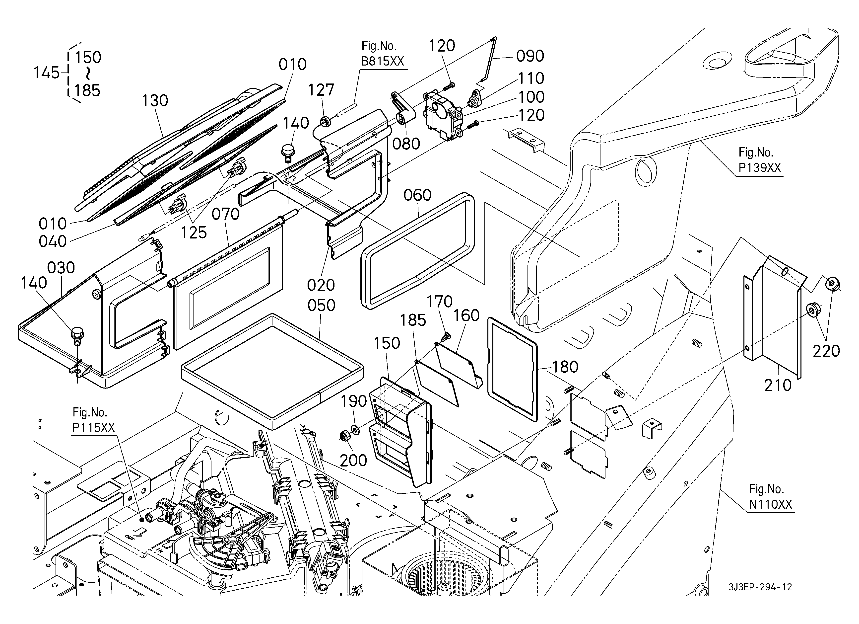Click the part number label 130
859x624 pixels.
click(x=155, y=101)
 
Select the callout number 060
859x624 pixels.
click(x=417, y=195)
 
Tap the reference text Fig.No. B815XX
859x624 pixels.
click(x=383, y=54)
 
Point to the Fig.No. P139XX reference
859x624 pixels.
click(x=759, y=160)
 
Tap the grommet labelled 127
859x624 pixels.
click(x=325, y=122)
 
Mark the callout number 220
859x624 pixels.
click(x=826, y=351)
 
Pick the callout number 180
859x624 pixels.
click(x=565, y=367)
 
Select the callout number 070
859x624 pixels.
click(x=225, y=214)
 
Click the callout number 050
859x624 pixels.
click(x=321, y=305)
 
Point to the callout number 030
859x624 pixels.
click(x=61, y=268)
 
